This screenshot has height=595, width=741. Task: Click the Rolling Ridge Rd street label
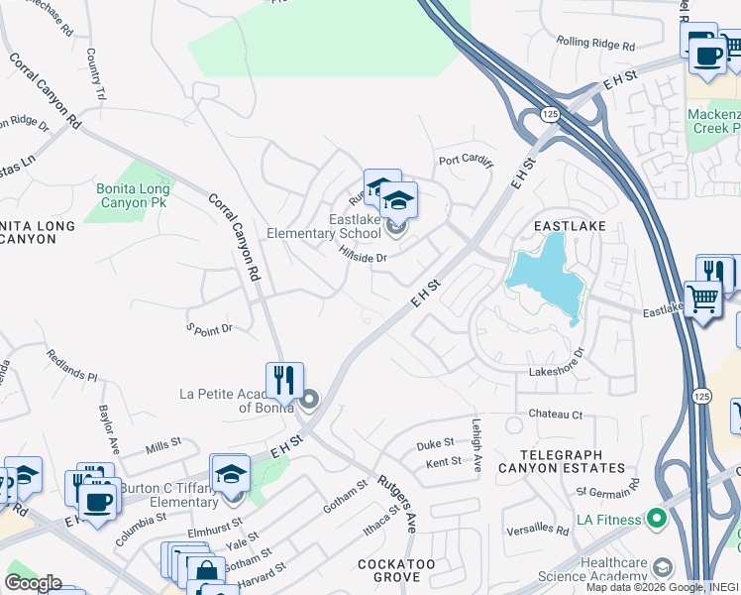click(x=594, y=43)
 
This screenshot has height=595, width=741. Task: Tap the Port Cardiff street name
click(x=465, y=162)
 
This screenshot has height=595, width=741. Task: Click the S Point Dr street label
click(x=209, y=327)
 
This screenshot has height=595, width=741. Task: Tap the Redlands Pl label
click(x=72, y=364)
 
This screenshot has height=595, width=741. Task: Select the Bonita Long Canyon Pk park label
click(x=133, y=194)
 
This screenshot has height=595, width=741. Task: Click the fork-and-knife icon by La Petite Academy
click(x=283, y=379)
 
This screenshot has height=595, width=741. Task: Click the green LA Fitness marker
click(x=656, y=519)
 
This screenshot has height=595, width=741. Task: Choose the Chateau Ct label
click(x=555, y=415)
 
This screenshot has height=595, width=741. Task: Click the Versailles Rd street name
click(x=536, y=531)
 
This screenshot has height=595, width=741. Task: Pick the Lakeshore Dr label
click(x=558, y=370)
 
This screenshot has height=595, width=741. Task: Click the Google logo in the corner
click(x=32, y=583)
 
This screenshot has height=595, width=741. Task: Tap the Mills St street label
click(x=164, y=449)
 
